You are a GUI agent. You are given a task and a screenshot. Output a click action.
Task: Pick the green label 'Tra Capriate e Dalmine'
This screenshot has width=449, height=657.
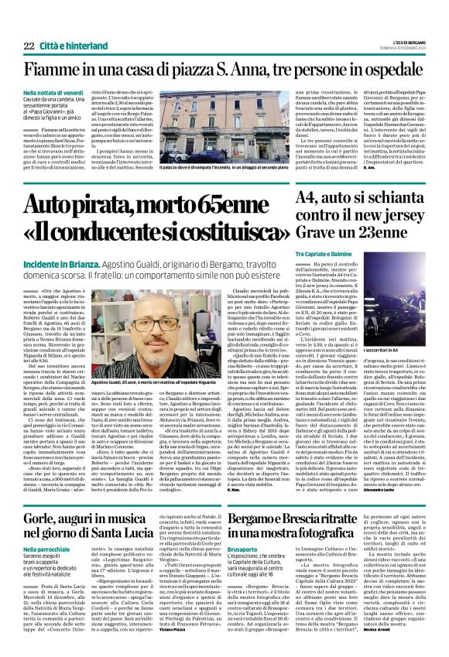(x=324, y=255)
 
